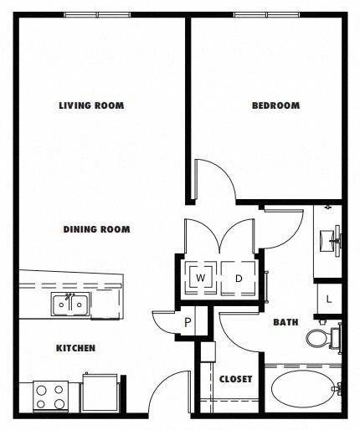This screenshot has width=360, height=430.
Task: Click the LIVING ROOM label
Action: [x=91, y=105]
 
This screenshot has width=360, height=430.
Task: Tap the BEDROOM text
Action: [x=275, y=105]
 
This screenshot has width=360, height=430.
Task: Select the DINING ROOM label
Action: [x=96, y=228]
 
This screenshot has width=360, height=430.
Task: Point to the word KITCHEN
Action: [x=75, y=348]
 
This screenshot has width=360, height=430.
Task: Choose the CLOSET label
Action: [x=235, y=379]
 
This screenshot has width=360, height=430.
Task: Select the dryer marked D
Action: [x=238, y=277]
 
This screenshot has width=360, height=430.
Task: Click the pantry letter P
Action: [x=188, y=322]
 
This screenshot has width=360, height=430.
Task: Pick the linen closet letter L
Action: [x=329, y=299]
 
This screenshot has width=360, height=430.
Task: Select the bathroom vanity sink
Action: [x=332, y=239]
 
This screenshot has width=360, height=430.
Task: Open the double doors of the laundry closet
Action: [x=219, y=236]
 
